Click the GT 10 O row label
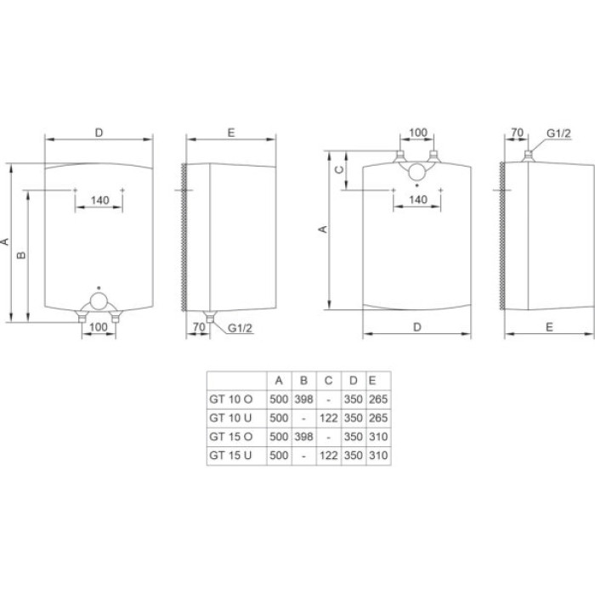pyautogui.click(x=229, y=399)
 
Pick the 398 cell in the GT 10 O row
pyautogui.click(x=303, y=399)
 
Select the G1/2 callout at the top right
pyautogui.click(x=558, y=133)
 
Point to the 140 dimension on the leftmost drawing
pyautogui.click(x=99, y=201)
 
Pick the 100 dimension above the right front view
pyautogui.click(x=417, y=133)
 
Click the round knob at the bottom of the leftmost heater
pyautogui.click(x=99, y=301)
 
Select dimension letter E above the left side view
pyautogui.click(x=231, y=133)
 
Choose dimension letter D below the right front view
pyautogui.click(x=417, y=326)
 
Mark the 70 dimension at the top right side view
pyautogui.click(x=515, y=133)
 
